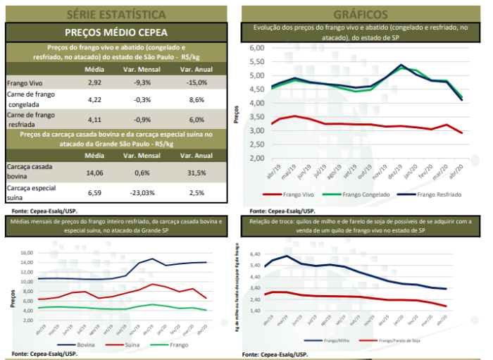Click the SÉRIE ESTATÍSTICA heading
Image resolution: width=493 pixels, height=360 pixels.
(116, 13)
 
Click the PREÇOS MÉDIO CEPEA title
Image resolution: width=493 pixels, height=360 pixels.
(116, 32)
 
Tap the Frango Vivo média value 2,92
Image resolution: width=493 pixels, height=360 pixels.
(94, 82)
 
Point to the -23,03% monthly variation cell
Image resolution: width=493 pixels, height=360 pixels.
(143, 190)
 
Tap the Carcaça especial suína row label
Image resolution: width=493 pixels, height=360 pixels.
(35, 190)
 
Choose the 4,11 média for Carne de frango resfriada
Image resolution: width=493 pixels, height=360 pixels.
(94, 119)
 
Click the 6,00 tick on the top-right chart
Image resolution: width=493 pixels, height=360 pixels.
(256, 48)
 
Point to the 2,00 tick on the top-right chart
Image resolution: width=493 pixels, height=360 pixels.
(256, 158)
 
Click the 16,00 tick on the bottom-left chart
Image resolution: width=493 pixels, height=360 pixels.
(25, 252)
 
